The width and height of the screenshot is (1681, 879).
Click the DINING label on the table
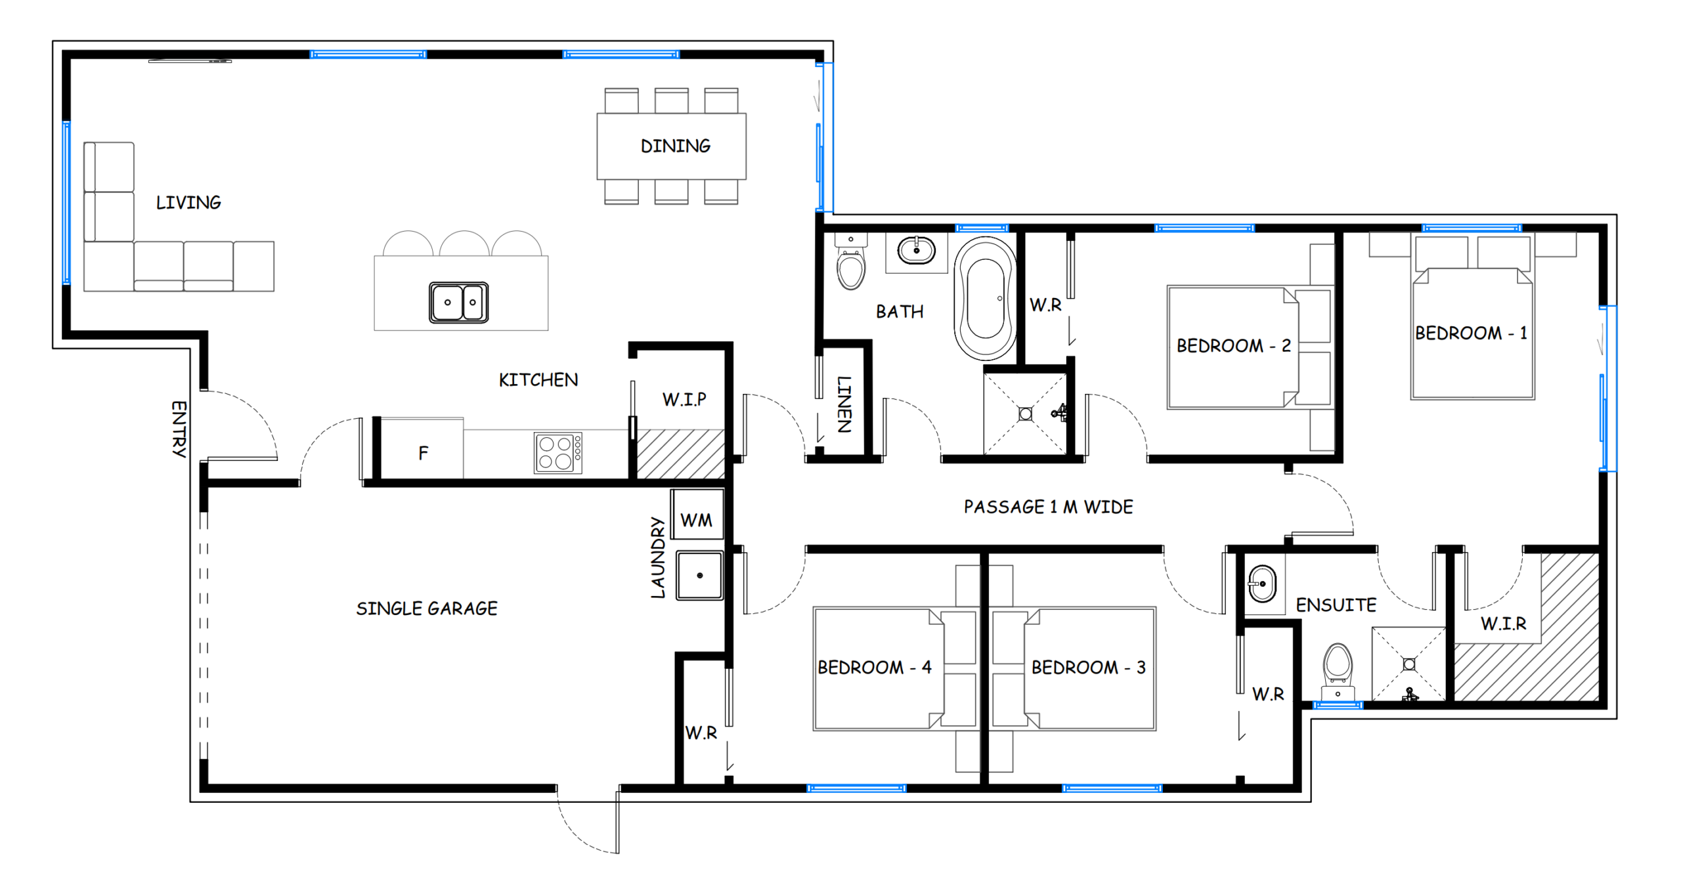coord(675,146)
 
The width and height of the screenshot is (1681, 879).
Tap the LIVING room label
coord(188,202)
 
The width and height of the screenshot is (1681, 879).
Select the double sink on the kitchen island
coord(458,302)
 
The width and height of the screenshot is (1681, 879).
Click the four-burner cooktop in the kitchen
coord(557,452)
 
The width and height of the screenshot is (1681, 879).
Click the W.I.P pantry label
coord(684,399)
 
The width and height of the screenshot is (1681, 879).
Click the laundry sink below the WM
coord(700,575)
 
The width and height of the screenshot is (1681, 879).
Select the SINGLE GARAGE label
coord(427,609)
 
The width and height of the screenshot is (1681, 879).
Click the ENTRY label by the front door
coord(179,429)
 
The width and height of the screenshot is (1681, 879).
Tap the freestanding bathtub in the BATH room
coord(985,299)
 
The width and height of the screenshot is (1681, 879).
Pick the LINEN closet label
coord(844,404)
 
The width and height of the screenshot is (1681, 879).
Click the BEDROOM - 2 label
coord(1233,345)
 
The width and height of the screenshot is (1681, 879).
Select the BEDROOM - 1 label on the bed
coord(1471,333)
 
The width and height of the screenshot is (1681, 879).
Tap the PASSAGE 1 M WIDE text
coord(1048,507)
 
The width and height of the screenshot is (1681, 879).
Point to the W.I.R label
coord(1503,623)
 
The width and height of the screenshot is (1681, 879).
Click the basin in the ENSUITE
coord(1261,583)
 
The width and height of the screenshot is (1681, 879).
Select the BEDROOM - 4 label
coord(874,667)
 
